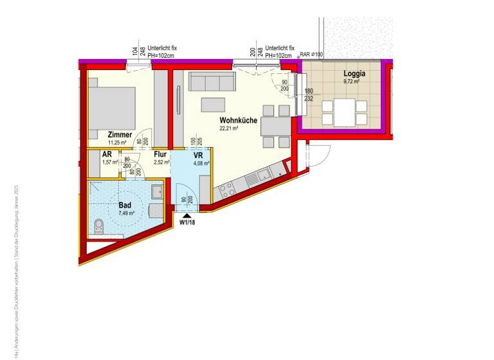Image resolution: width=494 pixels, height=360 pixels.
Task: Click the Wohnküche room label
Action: [x=238, y=120]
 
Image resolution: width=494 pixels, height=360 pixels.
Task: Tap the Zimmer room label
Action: [x=120, y=134]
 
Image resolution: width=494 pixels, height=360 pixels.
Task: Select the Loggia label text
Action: [x=354, y=73]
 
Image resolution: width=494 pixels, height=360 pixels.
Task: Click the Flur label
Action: [x=160, y=154]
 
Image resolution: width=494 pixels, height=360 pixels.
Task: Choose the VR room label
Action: [x=198, y=155]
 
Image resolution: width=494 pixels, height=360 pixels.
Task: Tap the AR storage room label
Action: [x=107, y=154]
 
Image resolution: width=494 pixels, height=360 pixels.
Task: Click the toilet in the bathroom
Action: [x=98, y=225]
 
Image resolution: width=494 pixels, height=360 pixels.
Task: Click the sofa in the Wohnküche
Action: [x=212, y=82]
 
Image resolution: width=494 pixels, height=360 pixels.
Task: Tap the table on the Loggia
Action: [x=345, y=113]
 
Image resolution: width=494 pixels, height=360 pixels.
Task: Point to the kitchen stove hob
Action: [x=226, y=188]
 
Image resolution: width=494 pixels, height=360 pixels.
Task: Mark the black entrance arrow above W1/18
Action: [x=187, y=216]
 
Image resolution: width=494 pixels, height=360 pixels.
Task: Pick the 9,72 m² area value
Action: [x=351, y=82]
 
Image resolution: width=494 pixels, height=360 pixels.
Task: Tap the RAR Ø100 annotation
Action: [x=311, y=55]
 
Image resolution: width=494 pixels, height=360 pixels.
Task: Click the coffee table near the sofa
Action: [x=213, y=105]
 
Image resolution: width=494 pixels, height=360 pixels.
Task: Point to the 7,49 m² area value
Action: [x=126, y=213]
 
